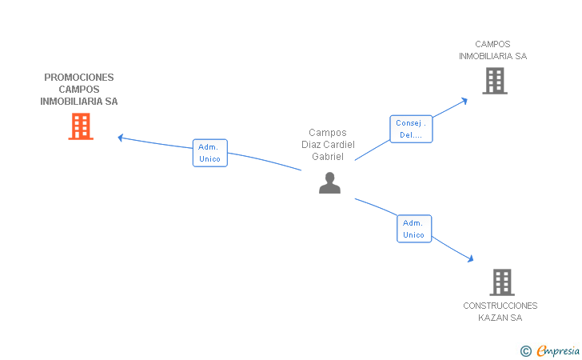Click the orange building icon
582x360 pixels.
[x=81, y=126]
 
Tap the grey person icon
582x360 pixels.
[x=329, y=182]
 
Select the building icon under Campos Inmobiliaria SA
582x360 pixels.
[x=495, y=81]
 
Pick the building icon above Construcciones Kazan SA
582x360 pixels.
[x=502, y=282]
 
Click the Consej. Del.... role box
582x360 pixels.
[x=411, y=129]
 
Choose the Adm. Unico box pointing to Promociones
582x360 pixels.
[x=210, y=153]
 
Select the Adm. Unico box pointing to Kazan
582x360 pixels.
[x=414, y=229]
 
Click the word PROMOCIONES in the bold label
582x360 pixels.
[x=79, y=78]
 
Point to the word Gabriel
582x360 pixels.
[x=328, y=157]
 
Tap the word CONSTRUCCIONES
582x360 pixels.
[x=500, y=306]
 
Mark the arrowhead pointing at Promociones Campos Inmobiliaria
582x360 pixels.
[x=120, y=138]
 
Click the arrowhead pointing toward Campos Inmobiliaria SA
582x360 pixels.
[x=464, y=101]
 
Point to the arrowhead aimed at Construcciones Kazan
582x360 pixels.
[x=471, y=258]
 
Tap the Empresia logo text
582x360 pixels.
[x=558, y=350]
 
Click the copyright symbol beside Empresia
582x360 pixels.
[x=526, y=351]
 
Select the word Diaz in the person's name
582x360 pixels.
[x=311, y=145]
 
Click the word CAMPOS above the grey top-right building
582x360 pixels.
[x=493, y=44]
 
